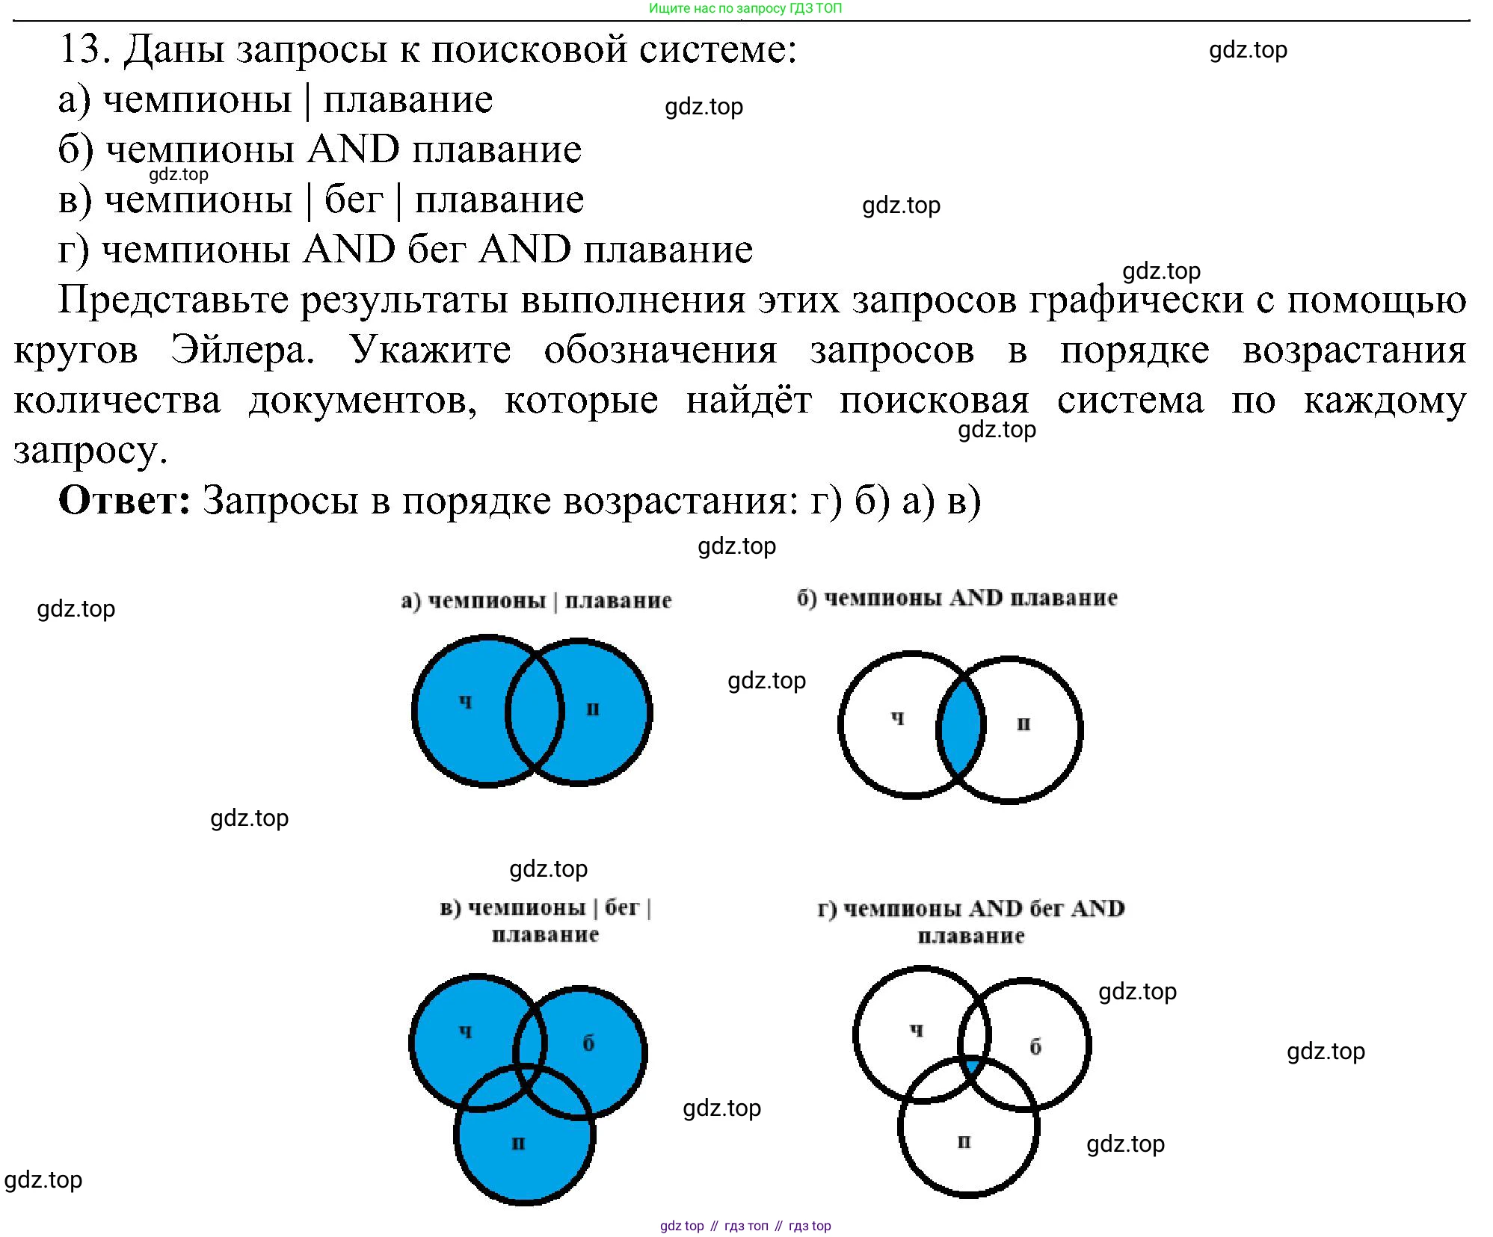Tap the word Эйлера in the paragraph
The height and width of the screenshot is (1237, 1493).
243,350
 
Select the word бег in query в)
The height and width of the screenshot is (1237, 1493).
354,200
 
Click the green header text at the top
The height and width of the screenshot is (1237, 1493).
745,8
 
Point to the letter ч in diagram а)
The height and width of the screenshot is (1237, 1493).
466,701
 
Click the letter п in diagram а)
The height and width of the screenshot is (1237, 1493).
593,709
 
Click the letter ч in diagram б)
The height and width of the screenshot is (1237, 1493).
897,718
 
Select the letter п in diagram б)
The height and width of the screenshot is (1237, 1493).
1023,724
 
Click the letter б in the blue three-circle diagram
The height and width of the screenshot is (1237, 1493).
588,1043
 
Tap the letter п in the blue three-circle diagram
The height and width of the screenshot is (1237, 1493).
518,1143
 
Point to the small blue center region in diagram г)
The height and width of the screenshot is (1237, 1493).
972,1066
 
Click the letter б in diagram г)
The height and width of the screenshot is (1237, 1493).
1035,1046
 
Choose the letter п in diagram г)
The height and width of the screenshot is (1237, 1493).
964,1141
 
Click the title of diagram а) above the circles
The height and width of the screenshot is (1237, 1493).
536,600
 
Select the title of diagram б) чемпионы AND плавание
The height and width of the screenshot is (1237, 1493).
957,598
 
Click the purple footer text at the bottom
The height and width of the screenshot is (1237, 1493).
745,1225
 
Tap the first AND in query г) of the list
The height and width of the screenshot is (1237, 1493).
348,250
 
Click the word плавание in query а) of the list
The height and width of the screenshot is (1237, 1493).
407,100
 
